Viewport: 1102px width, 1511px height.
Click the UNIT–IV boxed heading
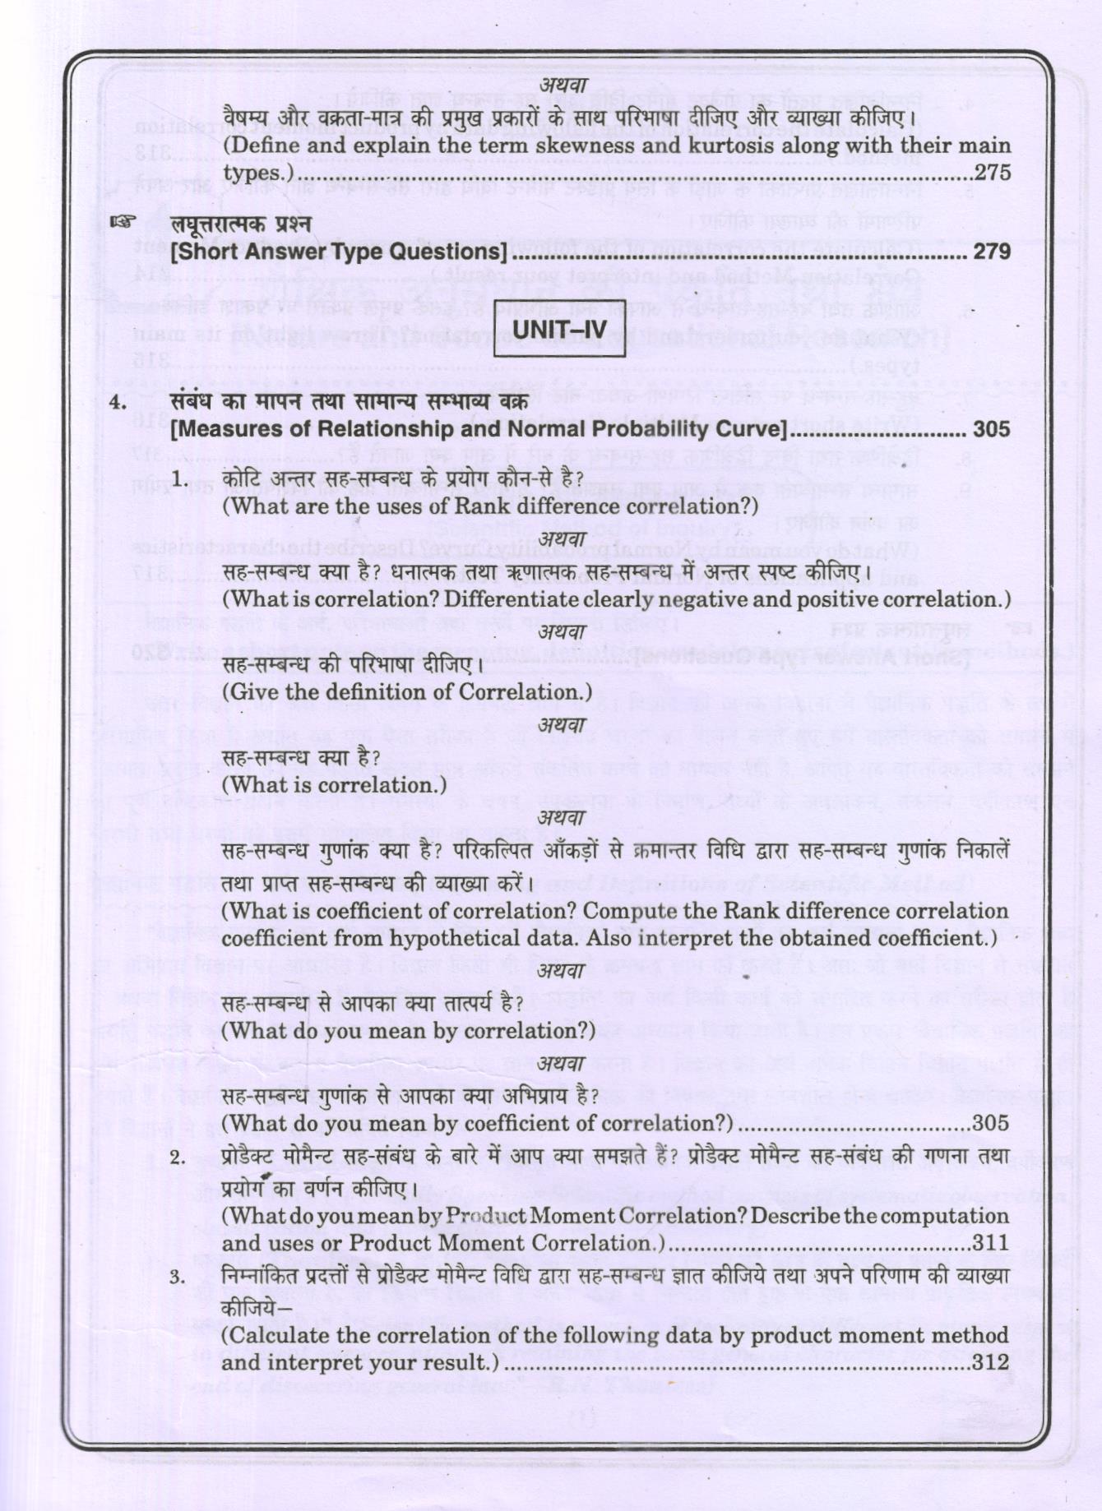[x=559, y=331]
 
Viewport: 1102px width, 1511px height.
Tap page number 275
[x=992, y=173]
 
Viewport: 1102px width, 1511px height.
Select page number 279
[x=992, y=252]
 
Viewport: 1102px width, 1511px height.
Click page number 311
[x=990, y=1243]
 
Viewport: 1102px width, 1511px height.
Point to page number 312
[x=990, y=1362]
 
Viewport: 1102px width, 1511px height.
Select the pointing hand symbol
[x=123, y=222]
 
